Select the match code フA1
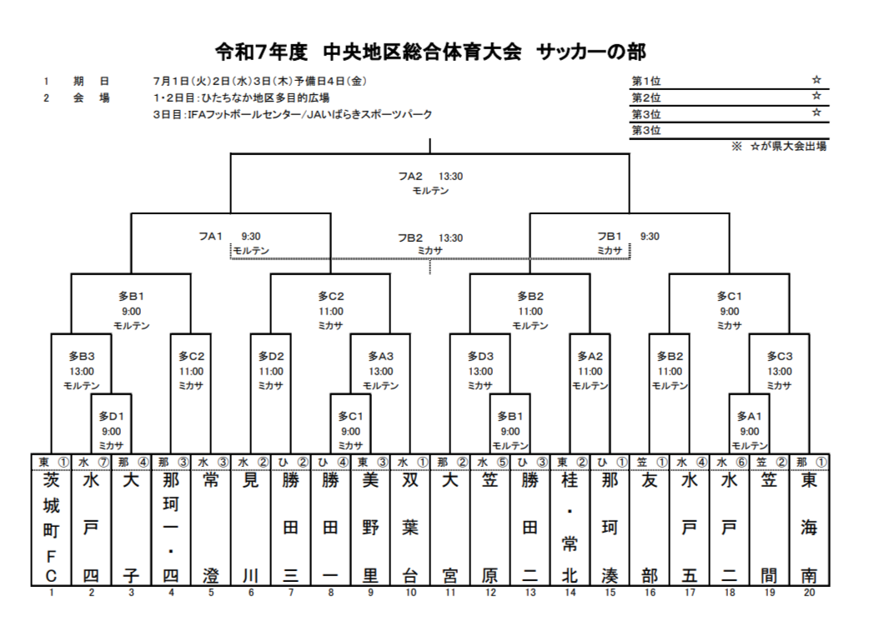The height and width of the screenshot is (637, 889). pos(210,236)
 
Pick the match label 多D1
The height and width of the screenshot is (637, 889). pos(111,415)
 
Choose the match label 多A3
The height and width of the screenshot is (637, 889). pos(380,356)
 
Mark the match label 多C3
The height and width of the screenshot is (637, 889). pos(779,356)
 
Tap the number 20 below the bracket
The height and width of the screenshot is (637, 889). pos(809,594)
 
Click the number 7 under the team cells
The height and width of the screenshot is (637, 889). pos(291,594)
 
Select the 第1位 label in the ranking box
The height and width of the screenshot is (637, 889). pos(646,81)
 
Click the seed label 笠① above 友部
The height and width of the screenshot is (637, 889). pos(650,461)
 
